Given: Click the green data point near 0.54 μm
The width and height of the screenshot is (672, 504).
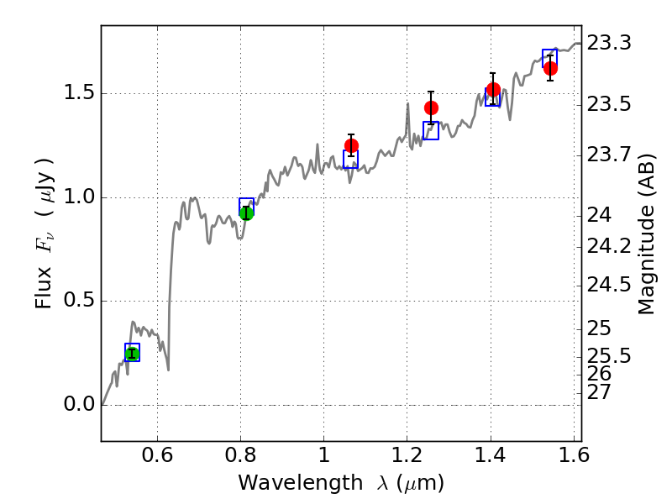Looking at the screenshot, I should click(132, 354).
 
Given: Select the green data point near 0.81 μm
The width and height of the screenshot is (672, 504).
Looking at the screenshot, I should click(246, 213).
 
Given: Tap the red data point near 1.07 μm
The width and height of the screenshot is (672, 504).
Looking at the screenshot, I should click(351, 145).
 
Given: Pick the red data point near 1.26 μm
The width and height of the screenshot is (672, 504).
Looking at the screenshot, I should click(432, 108).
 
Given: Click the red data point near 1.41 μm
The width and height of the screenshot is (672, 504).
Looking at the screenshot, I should click(493, 89).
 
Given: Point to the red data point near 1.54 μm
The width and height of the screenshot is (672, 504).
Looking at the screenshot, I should click(550, 68).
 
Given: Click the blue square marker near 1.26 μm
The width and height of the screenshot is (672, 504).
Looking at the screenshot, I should click(431, 130).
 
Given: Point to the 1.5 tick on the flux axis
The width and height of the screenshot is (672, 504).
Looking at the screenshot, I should click(78, 93).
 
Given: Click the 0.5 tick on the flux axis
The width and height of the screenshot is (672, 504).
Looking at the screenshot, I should click(78, 301).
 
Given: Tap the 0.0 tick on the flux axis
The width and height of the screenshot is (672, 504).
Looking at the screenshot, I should click(78, 405).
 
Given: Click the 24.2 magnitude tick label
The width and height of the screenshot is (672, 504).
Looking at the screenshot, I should click(607, 246).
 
